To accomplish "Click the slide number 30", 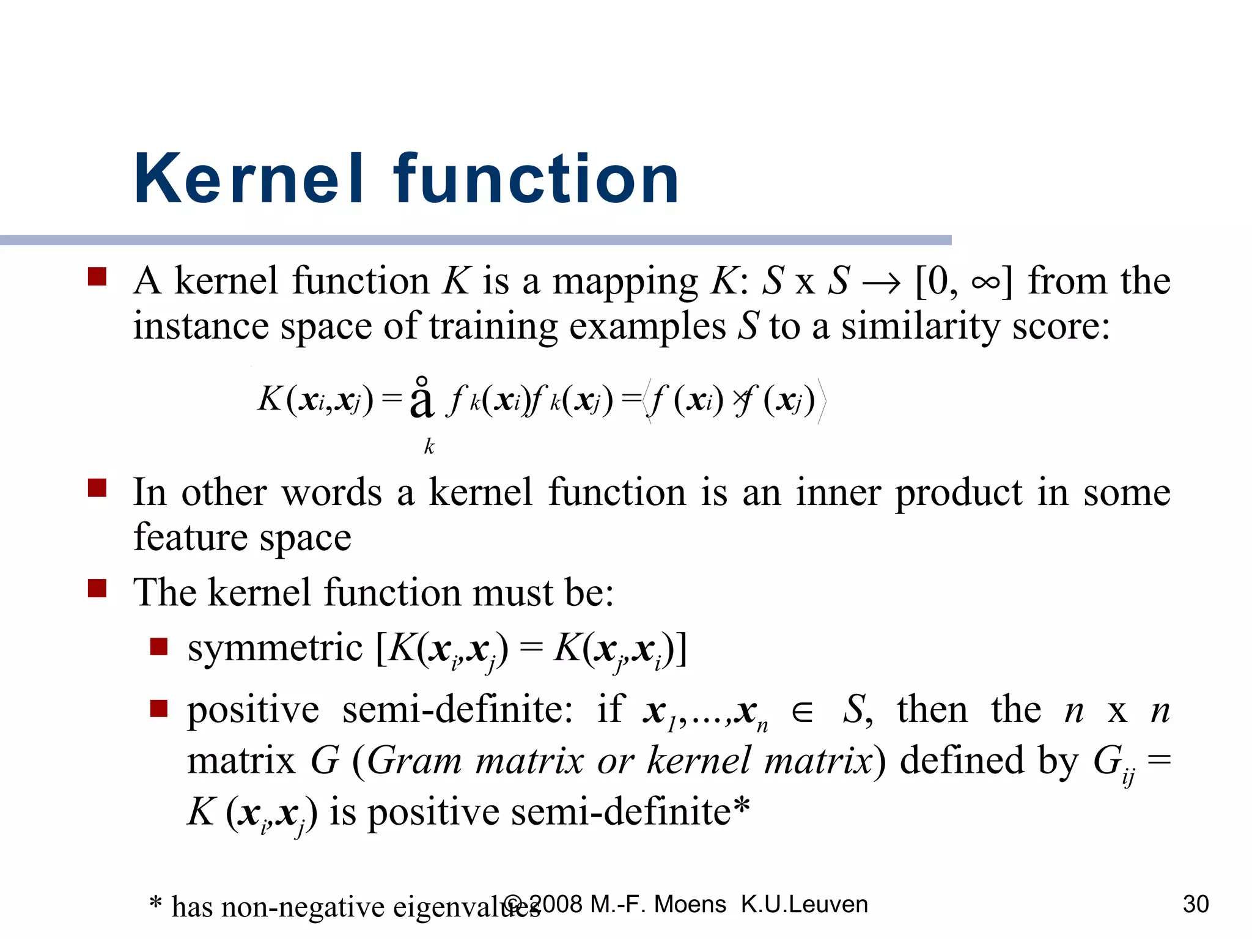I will pos(1196,904).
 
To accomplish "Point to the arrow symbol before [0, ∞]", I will pos(881,283).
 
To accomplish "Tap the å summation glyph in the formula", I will pos(421,399).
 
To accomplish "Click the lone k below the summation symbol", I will pos(429,447).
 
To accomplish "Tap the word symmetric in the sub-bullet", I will pos(275,648).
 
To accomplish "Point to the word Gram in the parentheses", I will pos(414,762).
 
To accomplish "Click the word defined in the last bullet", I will pos(962,760).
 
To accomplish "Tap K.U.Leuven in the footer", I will pos(804,904).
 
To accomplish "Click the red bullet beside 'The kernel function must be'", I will pos(97,588).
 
